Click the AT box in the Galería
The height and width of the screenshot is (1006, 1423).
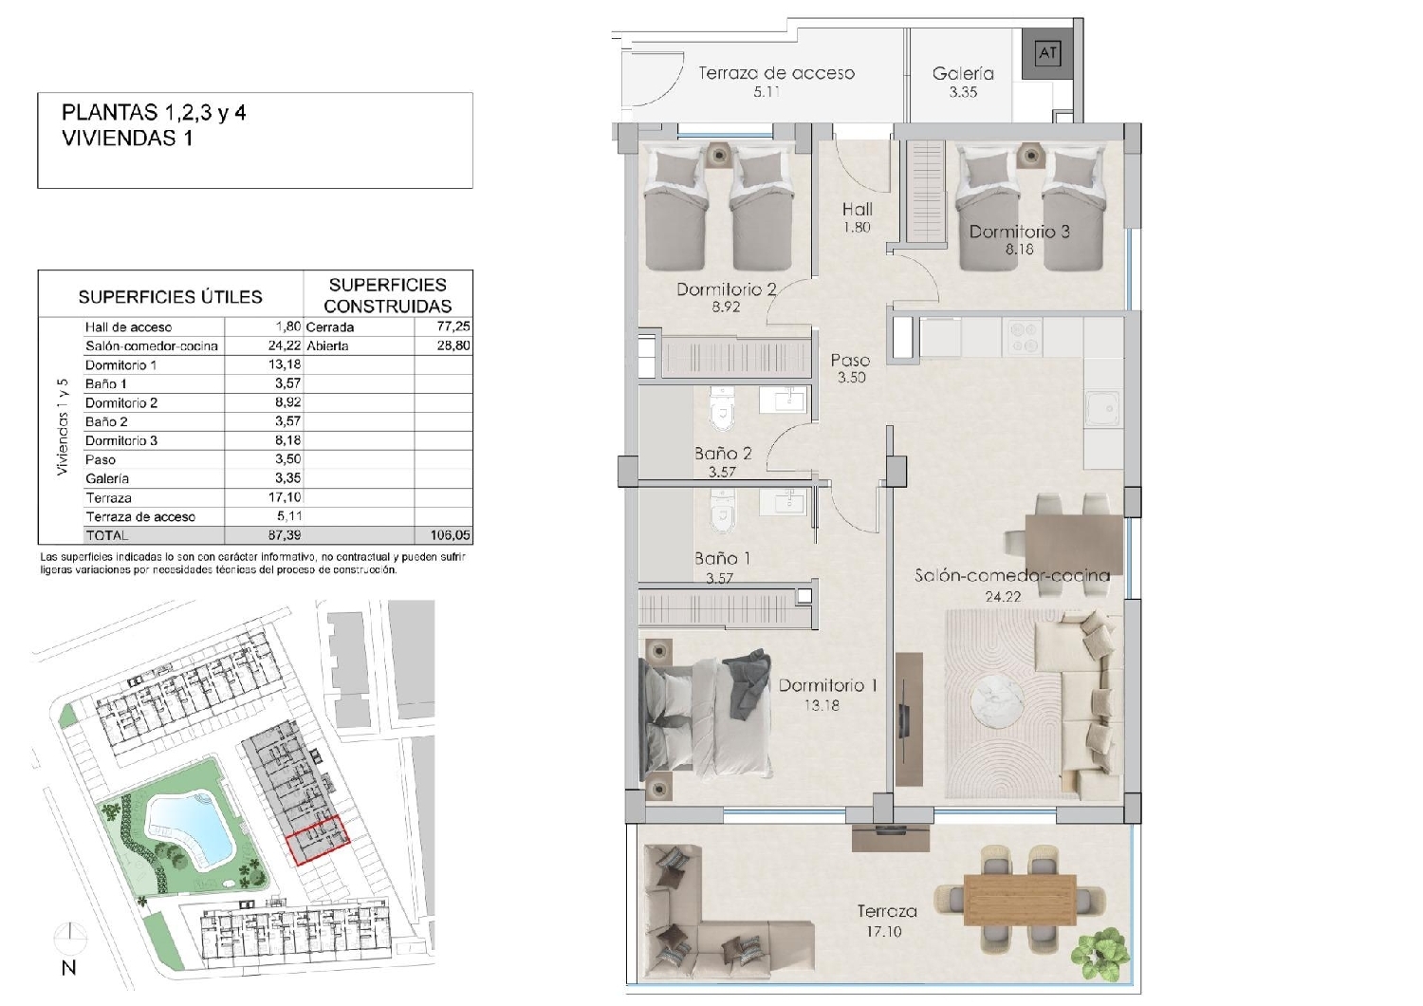(x=1047, y=53)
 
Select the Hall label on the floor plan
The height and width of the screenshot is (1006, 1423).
(x=857, y=209)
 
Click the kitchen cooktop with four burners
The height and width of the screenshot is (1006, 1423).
(x=1022, y=338)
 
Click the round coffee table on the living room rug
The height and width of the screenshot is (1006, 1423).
(x=997, y=701)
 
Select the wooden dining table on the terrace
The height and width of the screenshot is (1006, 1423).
(x=1020, y=900)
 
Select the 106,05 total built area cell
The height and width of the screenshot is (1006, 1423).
(x=451, y=535)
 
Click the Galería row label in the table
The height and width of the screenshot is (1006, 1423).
(x=107, y=478)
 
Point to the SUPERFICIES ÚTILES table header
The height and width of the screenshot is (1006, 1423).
(x=170, y=297)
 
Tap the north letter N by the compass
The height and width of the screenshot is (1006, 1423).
(x=68, y=968)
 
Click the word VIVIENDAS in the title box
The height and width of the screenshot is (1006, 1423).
(x=119, y=138)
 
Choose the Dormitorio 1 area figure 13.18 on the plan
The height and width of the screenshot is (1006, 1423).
(x=822, y=705)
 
